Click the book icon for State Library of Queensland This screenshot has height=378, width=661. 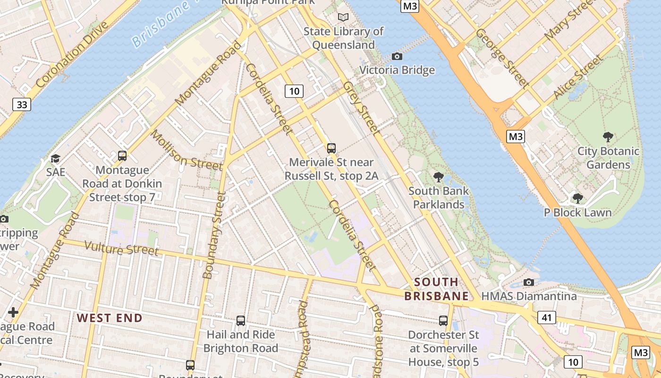tap(343, 17)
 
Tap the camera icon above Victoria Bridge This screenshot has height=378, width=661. tap(397, 57)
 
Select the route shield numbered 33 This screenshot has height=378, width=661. tap(22, 104)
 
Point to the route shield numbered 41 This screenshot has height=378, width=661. tap(546, 318)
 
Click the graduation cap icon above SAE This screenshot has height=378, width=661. tap(56, 158)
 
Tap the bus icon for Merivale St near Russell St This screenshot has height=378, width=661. tap(331, 148)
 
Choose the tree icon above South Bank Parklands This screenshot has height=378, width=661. tap(439, 178)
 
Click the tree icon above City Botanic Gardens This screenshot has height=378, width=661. tap(608, 137)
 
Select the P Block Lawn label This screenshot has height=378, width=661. tap(577, 213)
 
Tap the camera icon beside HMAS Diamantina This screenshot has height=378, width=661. tap(529, 283)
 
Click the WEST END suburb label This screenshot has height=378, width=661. tap(110, 318)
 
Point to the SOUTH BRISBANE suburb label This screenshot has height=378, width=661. tap(437, 289)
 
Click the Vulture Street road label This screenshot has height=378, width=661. tap(121, 248)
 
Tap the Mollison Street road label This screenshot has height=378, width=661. tap(186, 151)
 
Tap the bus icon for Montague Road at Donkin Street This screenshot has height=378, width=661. tap(122, 155)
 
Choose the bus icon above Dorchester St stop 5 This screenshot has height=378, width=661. tap(443, 321)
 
